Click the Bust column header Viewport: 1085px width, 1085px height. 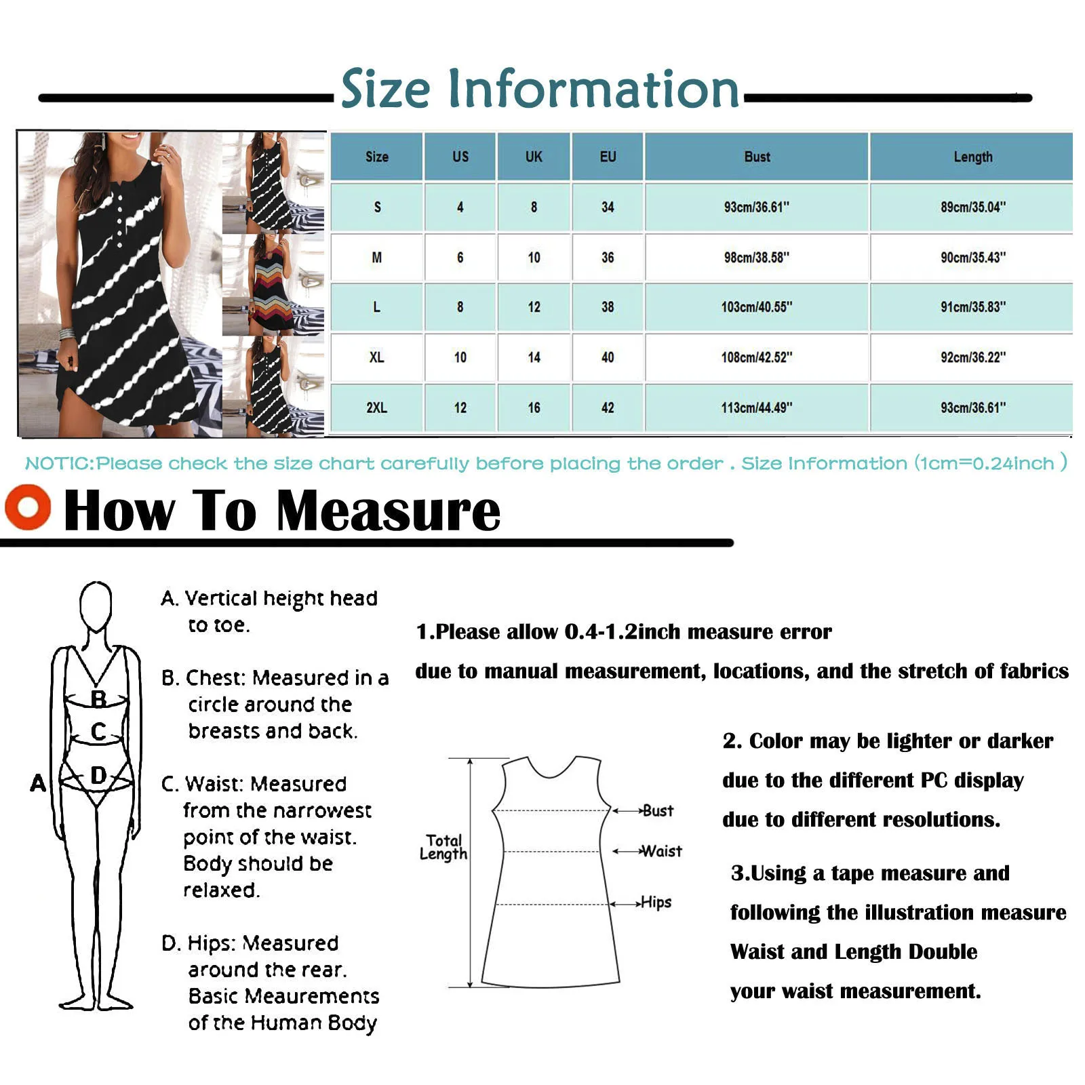pos(756,157)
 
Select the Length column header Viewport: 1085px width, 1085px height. pos(972,157)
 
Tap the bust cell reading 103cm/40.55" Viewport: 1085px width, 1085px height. pos(756,307)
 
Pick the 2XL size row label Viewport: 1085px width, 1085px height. pos(376,408)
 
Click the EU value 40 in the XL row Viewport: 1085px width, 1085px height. pos(607,357)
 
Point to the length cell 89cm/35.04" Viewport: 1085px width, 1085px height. pos(972,207)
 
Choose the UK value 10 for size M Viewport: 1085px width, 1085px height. pos(534,258)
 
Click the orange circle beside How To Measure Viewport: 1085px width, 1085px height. pos(28,507)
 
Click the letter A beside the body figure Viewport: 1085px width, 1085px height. pos(38,783)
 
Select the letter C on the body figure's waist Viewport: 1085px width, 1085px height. pos(98,732)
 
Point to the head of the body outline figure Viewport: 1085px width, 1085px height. pos(96,605)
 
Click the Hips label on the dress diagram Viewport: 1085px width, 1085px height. pos(656,903)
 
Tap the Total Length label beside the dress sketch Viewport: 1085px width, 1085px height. pos(443,847)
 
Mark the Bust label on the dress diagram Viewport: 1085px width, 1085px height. pos(657,810)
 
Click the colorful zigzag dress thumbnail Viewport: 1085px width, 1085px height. pos(273,285)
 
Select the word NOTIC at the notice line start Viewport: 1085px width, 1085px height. pos(58,464)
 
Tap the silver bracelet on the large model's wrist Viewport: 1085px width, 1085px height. pos(66,334)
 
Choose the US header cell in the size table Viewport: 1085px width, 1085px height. pos(460,157)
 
